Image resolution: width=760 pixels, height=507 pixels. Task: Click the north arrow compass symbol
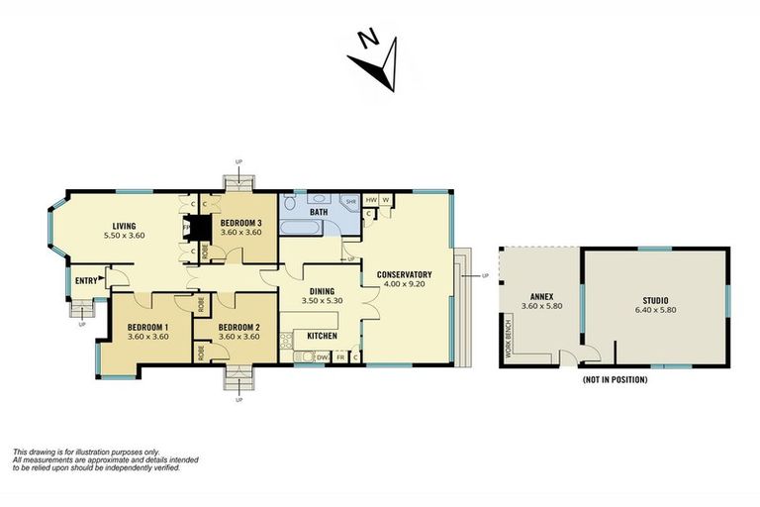tap(372, 59)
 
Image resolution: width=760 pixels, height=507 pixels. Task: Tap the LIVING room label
tap(124, 225)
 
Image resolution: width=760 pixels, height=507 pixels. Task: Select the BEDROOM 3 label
tap(240, 222)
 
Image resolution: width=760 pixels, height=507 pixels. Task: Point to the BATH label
tap(318, 212)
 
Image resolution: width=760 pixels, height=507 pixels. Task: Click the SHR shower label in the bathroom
tap(349, 201)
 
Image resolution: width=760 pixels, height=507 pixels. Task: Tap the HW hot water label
tap(371, 199)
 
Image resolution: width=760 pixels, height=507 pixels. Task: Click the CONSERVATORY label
tap(405, 274)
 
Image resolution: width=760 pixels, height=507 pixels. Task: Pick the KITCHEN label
tap(322, 336)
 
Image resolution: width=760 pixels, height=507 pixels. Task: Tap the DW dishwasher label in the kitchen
tap(322, 356)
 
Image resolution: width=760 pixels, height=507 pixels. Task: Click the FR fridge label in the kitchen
tap(340, 356)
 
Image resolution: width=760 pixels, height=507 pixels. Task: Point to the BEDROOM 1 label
tap(147, 327)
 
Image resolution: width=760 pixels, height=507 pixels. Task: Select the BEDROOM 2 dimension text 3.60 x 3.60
tap(238, 337)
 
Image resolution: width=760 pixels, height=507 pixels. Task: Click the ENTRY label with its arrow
tap(88, 280)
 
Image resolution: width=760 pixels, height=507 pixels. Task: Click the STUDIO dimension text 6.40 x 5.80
tap(654, 310)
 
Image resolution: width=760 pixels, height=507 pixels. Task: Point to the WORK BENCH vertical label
tap(508, 334)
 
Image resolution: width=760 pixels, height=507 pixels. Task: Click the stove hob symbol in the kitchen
tap(286, 344)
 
